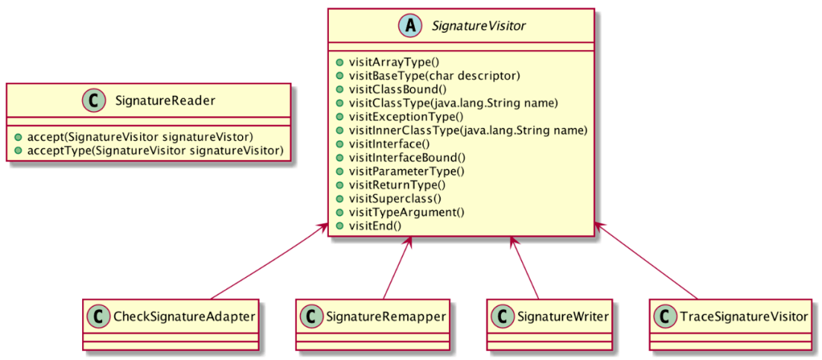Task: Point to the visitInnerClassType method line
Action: pyautogui.click(x=467, y=130)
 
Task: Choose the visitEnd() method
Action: pyautogui.click(x=374, y=226)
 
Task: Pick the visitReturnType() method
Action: pyautogui.click(x=397, y=185)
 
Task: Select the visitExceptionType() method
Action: pyautogui.click(x=405, y=116)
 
